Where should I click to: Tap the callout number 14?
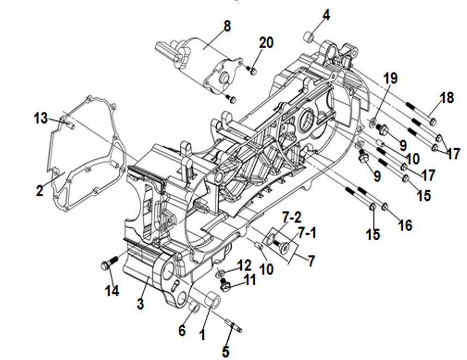point(112,291)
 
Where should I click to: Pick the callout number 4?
point(325,15)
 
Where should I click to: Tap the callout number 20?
point(266,43)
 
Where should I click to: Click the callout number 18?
point(446,98)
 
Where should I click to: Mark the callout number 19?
point(390,78)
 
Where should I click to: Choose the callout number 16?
point(405,225)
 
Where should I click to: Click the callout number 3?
point(140,304)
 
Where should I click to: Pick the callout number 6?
point(182,330)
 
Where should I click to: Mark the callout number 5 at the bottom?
point(225,351)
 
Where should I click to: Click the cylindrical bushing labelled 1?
point(213,301)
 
